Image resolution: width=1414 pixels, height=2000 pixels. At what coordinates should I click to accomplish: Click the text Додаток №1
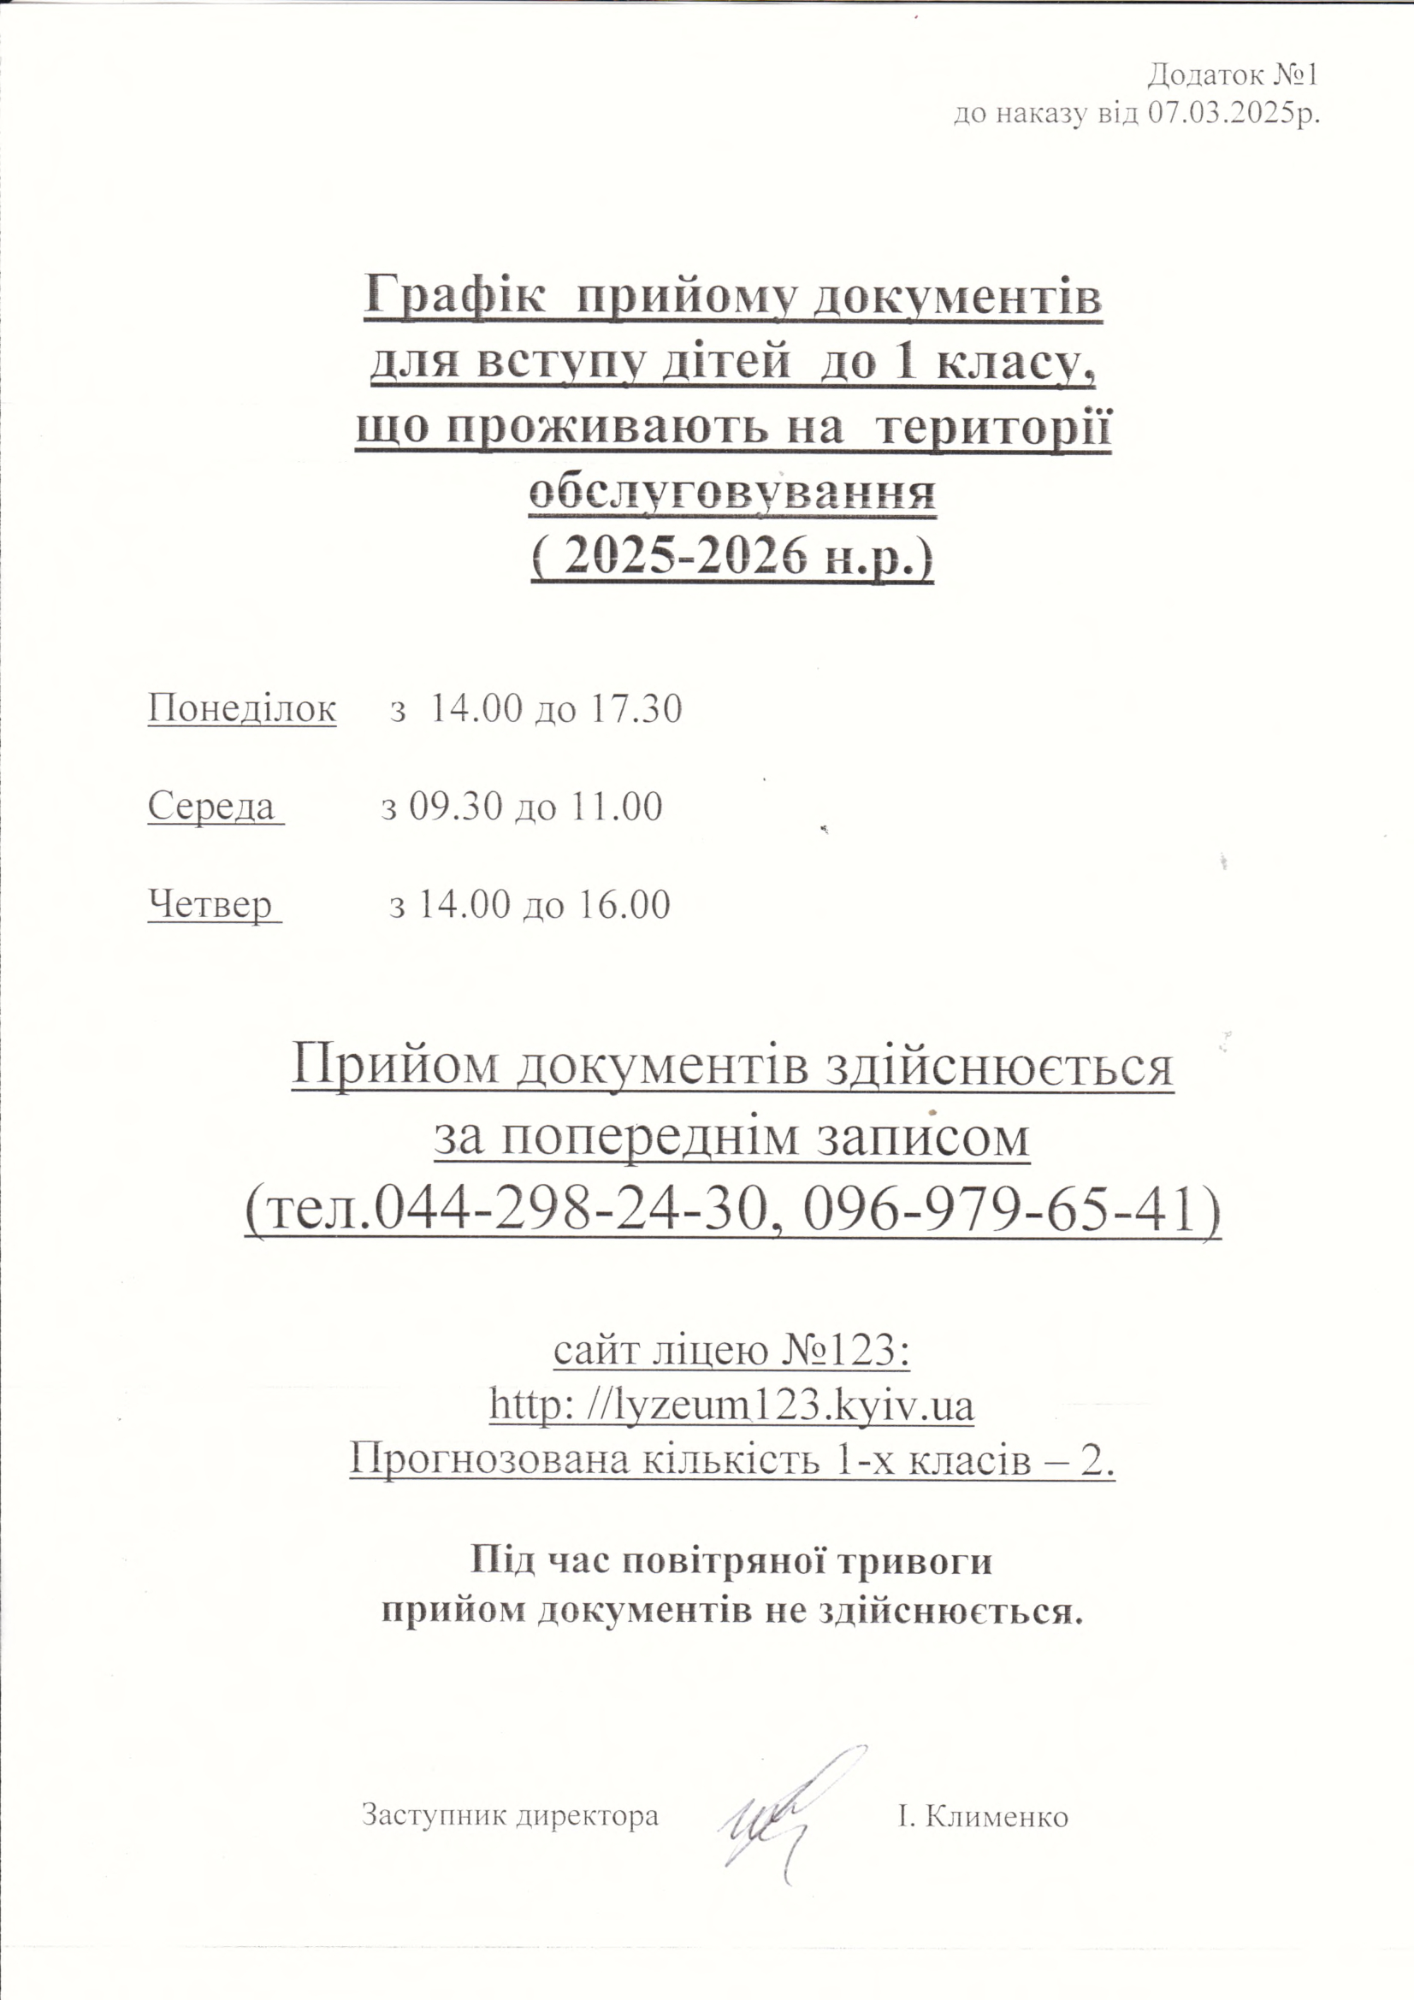[x=1231, y=76]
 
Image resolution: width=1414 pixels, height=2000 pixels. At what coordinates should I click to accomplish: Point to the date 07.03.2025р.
[x=1232, y=113]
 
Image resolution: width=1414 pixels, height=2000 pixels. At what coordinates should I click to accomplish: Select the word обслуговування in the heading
[x=733, y=492]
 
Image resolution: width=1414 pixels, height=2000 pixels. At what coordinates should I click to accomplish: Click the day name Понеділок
[x=241, y=708]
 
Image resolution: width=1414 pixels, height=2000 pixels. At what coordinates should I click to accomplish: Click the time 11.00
[x=616, y=807]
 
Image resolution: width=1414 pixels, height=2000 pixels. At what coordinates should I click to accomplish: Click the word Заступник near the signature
[x=435, y=1815]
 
